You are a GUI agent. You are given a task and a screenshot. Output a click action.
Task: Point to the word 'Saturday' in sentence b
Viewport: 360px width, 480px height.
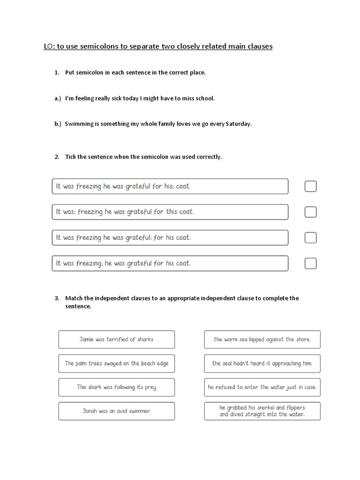pos(239,124)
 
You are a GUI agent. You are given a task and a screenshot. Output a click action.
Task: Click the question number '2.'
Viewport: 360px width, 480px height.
pos(57,157)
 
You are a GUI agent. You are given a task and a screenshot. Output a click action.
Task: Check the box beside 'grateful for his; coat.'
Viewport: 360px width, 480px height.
pos(310,187)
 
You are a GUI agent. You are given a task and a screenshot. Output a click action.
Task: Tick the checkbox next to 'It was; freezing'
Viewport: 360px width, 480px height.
pos(310,212)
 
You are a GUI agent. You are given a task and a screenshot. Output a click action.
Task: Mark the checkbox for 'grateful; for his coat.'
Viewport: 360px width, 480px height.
pos(310,238)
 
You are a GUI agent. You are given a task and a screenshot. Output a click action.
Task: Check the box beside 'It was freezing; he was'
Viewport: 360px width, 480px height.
pos(310,263)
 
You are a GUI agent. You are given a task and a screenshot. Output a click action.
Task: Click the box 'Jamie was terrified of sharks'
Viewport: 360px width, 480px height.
pos(116,339)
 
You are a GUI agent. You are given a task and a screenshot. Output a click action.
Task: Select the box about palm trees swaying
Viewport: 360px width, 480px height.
pos(116,363)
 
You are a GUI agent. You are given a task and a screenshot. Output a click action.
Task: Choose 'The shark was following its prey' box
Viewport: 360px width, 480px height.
pos(116,387)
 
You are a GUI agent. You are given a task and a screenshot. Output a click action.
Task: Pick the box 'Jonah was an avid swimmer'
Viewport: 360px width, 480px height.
pos(116,411)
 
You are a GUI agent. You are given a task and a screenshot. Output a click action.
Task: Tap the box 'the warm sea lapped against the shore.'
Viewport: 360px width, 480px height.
pos(262,339)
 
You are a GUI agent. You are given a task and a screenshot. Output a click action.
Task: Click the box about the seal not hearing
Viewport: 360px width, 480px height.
pos(262,363)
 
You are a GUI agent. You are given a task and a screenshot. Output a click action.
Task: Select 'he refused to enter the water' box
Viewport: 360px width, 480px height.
pos(262,387)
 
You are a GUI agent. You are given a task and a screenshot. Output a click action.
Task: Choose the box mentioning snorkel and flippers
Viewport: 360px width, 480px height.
pos(262,411)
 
